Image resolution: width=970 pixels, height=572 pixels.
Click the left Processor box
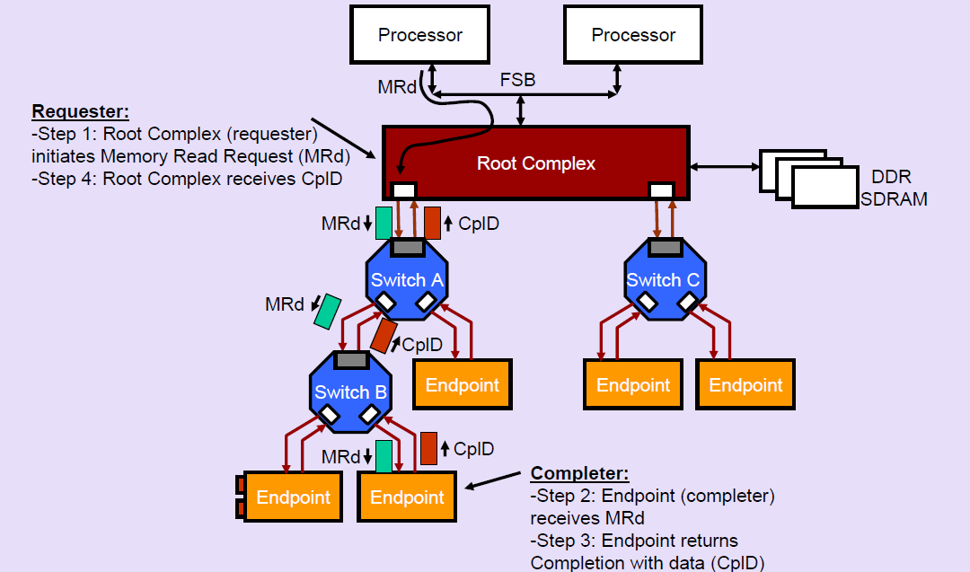point(419,36)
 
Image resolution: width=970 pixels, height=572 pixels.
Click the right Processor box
point(633,36)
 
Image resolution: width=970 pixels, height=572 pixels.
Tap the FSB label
point(517,80)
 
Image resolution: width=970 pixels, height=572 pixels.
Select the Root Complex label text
point(535,163)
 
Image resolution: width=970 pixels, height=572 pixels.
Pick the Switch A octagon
point(407,280)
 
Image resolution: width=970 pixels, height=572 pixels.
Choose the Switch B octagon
point(350,392)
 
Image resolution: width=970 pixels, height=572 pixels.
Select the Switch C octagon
point(663,280)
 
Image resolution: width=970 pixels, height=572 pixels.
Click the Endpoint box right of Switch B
point(462,385)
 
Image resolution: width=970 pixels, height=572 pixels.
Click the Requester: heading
point(81,112)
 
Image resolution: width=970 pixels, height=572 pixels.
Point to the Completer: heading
point(579,473)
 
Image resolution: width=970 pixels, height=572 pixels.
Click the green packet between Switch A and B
point(327,311)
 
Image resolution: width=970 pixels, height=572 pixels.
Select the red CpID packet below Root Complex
point(432,223)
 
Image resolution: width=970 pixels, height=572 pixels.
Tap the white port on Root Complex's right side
point(661,189)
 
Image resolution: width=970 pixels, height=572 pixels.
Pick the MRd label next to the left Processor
point(397,87)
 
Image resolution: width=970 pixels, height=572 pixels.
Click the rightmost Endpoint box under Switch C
point(745,385)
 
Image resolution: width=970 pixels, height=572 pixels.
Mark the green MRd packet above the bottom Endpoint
point(384,456)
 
